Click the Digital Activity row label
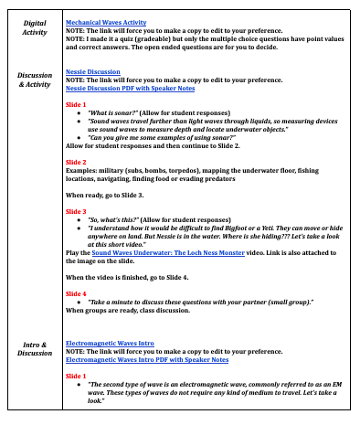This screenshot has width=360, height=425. pyautogui.click(x=35, y=26)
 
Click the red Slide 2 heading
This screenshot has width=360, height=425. pyautogui.click(x=76, y=161)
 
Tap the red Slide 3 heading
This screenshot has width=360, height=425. pyautogui.click(x=76, y=210)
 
